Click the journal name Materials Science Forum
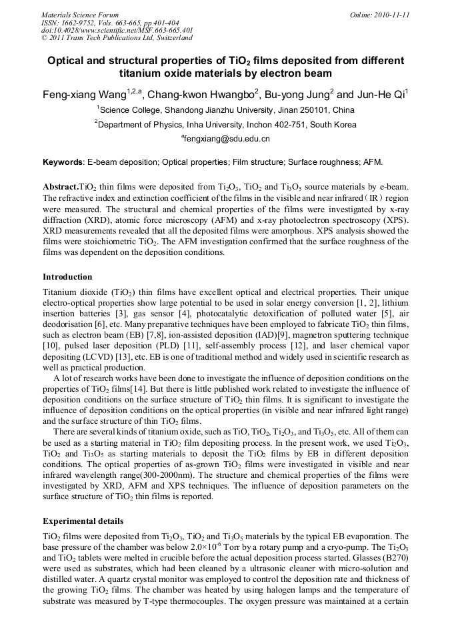tap(80, 14)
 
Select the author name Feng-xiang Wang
tap(84, 95)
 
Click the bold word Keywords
tap(63, 162)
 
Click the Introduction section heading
tap(67, 276)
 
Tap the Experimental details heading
tap(83, 521)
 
